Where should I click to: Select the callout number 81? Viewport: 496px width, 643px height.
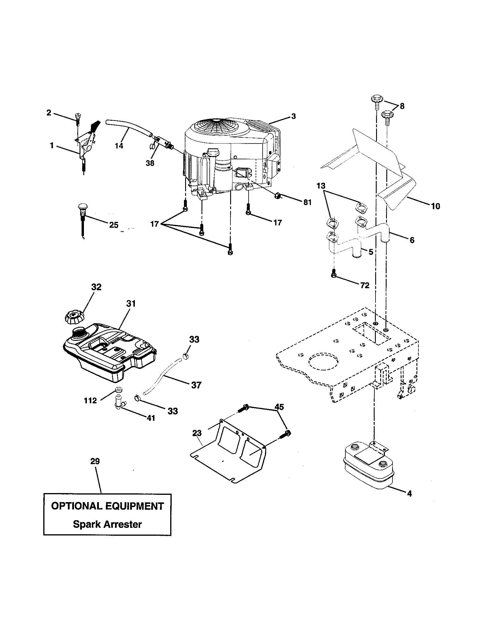click(307, 203)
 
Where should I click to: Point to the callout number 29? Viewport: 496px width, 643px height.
click(95, 461)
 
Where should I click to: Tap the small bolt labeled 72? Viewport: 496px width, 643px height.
click(333, 273)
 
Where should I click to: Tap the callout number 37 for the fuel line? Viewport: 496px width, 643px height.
click(196, 385)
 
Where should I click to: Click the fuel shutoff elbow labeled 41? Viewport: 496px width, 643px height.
click(120, 402)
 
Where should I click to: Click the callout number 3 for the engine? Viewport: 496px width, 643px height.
click(293, 116)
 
